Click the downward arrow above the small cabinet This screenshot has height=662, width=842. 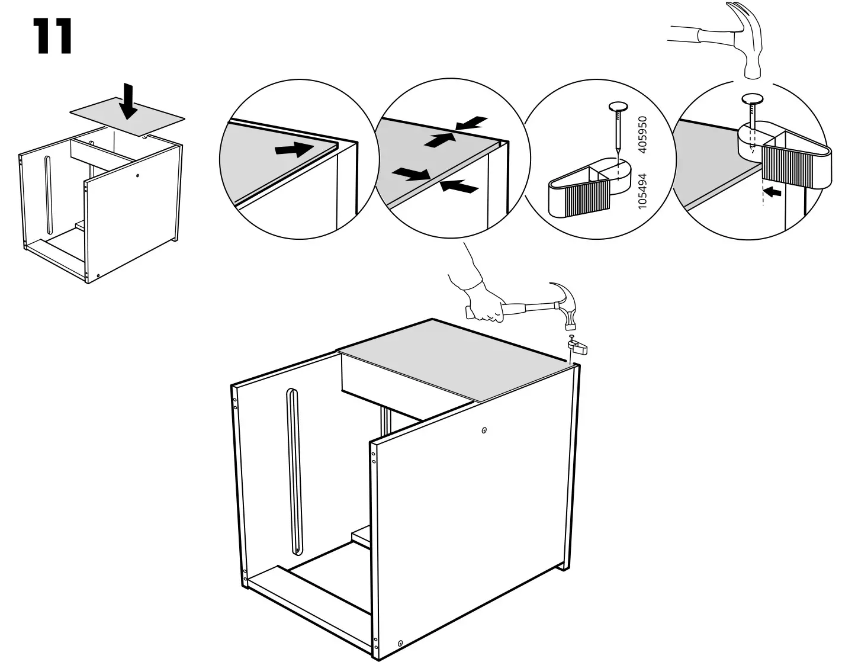click(x=128, y=101)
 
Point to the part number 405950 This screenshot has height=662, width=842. click(x=645, y=134)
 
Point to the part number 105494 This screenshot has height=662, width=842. click(x=645, y=189)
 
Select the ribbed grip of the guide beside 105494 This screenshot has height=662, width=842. click(x=586, y=195)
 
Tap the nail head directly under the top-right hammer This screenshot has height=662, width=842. click(x=752, y=99)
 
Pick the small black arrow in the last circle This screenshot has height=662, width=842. click(x=773, y=191)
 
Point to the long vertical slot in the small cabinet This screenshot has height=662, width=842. click(x=47, y=195)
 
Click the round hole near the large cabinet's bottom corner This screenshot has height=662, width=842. click(x=400, y=643)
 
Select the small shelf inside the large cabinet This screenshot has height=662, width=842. click(x=361, y=536)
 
